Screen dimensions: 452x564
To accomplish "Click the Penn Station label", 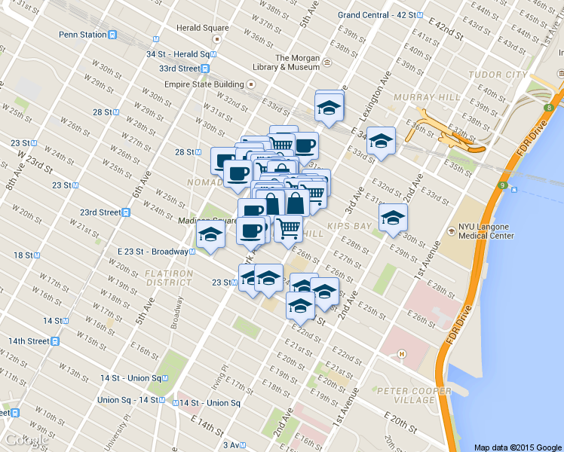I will (x=83, y=34).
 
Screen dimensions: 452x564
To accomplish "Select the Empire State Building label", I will (x=204, y=84).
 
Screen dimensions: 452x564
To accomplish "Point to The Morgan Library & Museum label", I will (x=298, y=63).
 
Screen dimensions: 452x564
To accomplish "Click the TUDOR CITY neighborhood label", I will (x=498, y=75).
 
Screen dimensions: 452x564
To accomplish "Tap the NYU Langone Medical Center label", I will (x=486, y=231).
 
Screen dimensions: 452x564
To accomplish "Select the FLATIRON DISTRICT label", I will (x=168, y=276).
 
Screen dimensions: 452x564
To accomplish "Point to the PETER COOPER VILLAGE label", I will (x=414, y=395).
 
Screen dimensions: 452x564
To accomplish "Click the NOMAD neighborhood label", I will (x=204, y=182).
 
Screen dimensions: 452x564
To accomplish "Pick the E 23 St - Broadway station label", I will (x=153, y=252).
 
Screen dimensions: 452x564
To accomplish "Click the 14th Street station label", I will (x=29, y=341).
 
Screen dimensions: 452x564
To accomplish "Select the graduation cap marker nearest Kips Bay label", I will (x=392, y=218).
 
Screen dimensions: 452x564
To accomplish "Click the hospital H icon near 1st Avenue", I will (x=402, y=353).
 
